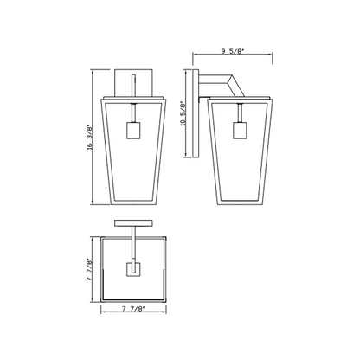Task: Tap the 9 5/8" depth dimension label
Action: [x=231, y=52]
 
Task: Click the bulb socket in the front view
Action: [x=132, y=132]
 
